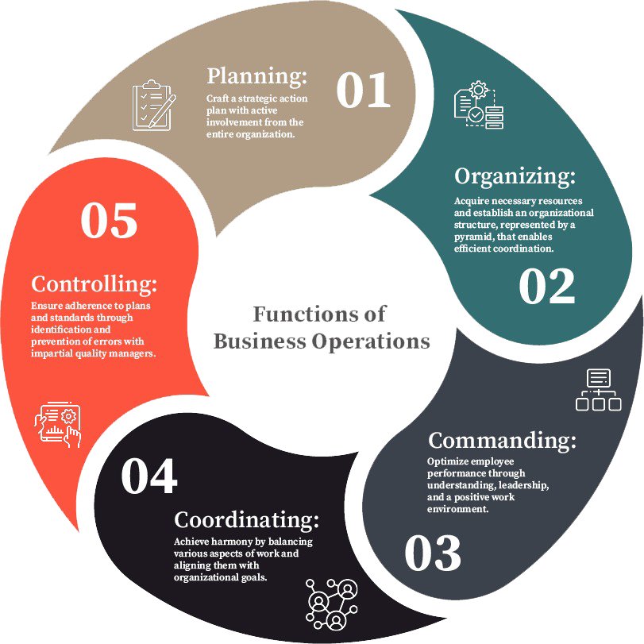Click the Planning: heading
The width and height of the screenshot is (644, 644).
pyautogui.click(x=256, y=76)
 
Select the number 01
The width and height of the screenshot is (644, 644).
pyautogui.click(x=363, y=91)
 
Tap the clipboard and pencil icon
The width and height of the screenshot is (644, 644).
pyautogui.click(x=153, y=105)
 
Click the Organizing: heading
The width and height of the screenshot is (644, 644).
pyautogui.click(x=515, y=175)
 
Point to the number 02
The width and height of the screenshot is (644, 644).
pyautogui.click(x=546, y=287)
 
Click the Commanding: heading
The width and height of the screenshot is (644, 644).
pyautogui.click(x=502, y=440)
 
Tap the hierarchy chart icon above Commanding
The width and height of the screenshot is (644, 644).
pyautogui.click(x=597, y=390)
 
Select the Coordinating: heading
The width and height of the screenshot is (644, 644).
pyautogui.click(x=246, y=520)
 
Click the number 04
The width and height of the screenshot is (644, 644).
pyautogui.click(x=148, y=477)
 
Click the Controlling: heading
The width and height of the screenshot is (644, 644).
pyautogui.click(x=94, y=283)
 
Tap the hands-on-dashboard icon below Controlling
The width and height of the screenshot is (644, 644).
pyautogui.click(x=58, y=426)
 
